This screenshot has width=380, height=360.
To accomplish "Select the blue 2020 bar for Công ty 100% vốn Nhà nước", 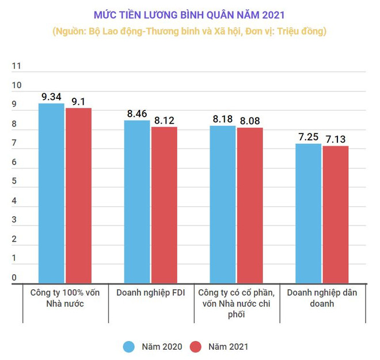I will pos(51,193).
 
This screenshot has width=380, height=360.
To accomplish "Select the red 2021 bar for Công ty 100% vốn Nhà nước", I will pos(78,195).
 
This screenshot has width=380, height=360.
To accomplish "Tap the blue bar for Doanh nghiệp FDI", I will pos(137,201).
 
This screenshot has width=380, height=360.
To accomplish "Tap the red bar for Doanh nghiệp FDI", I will pos(164,204).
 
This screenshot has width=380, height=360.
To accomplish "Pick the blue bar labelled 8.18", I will pos(222,204).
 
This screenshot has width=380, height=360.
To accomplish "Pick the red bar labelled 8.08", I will pos(249,205).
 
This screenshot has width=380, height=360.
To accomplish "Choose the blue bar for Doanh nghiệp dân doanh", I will pos(308,213).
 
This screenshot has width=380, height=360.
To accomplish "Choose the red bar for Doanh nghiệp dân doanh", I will pos(335,214).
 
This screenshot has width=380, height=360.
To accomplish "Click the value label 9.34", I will pos(51,97).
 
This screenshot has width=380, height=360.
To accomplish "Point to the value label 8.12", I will pos(164,120).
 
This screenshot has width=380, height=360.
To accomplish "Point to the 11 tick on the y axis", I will pos(16,66).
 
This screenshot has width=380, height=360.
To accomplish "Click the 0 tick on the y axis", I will pos(14,278).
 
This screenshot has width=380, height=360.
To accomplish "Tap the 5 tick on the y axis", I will pos(14,182).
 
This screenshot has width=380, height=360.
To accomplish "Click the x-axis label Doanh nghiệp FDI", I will pos(151,293).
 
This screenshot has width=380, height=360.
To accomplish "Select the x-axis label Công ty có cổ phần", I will pos(236,293).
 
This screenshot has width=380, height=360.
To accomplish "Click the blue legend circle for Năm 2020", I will pos(129,346).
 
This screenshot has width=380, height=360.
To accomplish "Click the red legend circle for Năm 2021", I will pos(196,346).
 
